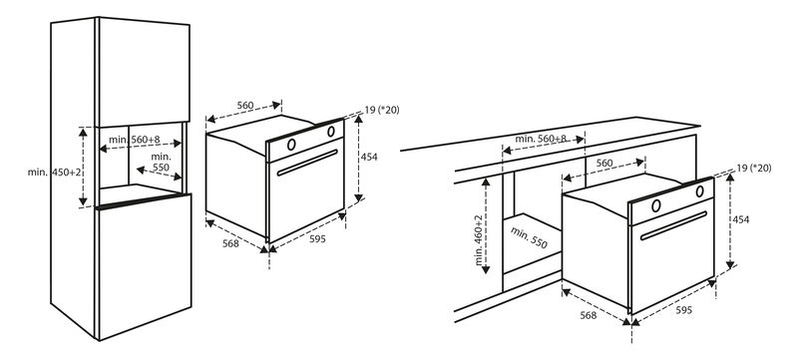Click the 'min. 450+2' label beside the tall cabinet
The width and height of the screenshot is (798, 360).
click(55, 172)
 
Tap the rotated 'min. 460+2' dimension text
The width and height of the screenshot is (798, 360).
click(480, 240)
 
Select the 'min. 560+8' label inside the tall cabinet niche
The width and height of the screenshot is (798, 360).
click(135, 139)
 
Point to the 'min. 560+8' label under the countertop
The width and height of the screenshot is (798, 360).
click(541, 139)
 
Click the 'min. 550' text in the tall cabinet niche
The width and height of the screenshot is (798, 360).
click(161, 163)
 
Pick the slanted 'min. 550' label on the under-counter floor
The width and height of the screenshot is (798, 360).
click(529, 238)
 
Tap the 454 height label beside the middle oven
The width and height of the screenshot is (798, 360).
click(369, 158)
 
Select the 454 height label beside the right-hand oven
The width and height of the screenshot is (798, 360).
click(740, 219)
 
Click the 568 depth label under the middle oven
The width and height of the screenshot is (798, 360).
click(230, 243)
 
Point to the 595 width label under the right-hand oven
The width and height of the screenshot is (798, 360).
click(683, 310)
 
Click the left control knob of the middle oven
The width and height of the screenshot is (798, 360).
click(291, 145)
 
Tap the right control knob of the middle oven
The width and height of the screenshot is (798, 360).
click(331, 132)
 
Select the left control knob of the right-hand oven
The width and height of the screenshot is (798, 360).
click(656, 205)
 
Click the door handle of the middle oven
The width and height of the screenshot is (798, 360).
click(308, 163)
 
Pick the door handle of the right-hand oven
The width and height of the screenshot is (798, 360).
click(674, 225)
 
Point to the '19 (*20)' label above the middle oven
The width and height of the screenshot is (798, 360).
click(382, 110)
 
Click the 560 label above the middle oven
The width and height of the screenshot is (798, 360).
click(244, 106)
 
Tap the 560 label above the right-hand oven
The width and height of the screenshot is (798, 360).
click(604, 164)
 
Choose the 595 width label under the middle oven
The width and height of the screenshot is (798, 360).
click(316, 239)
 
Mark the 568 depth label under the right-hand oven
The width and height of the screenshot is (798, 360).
click(589, 315)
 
